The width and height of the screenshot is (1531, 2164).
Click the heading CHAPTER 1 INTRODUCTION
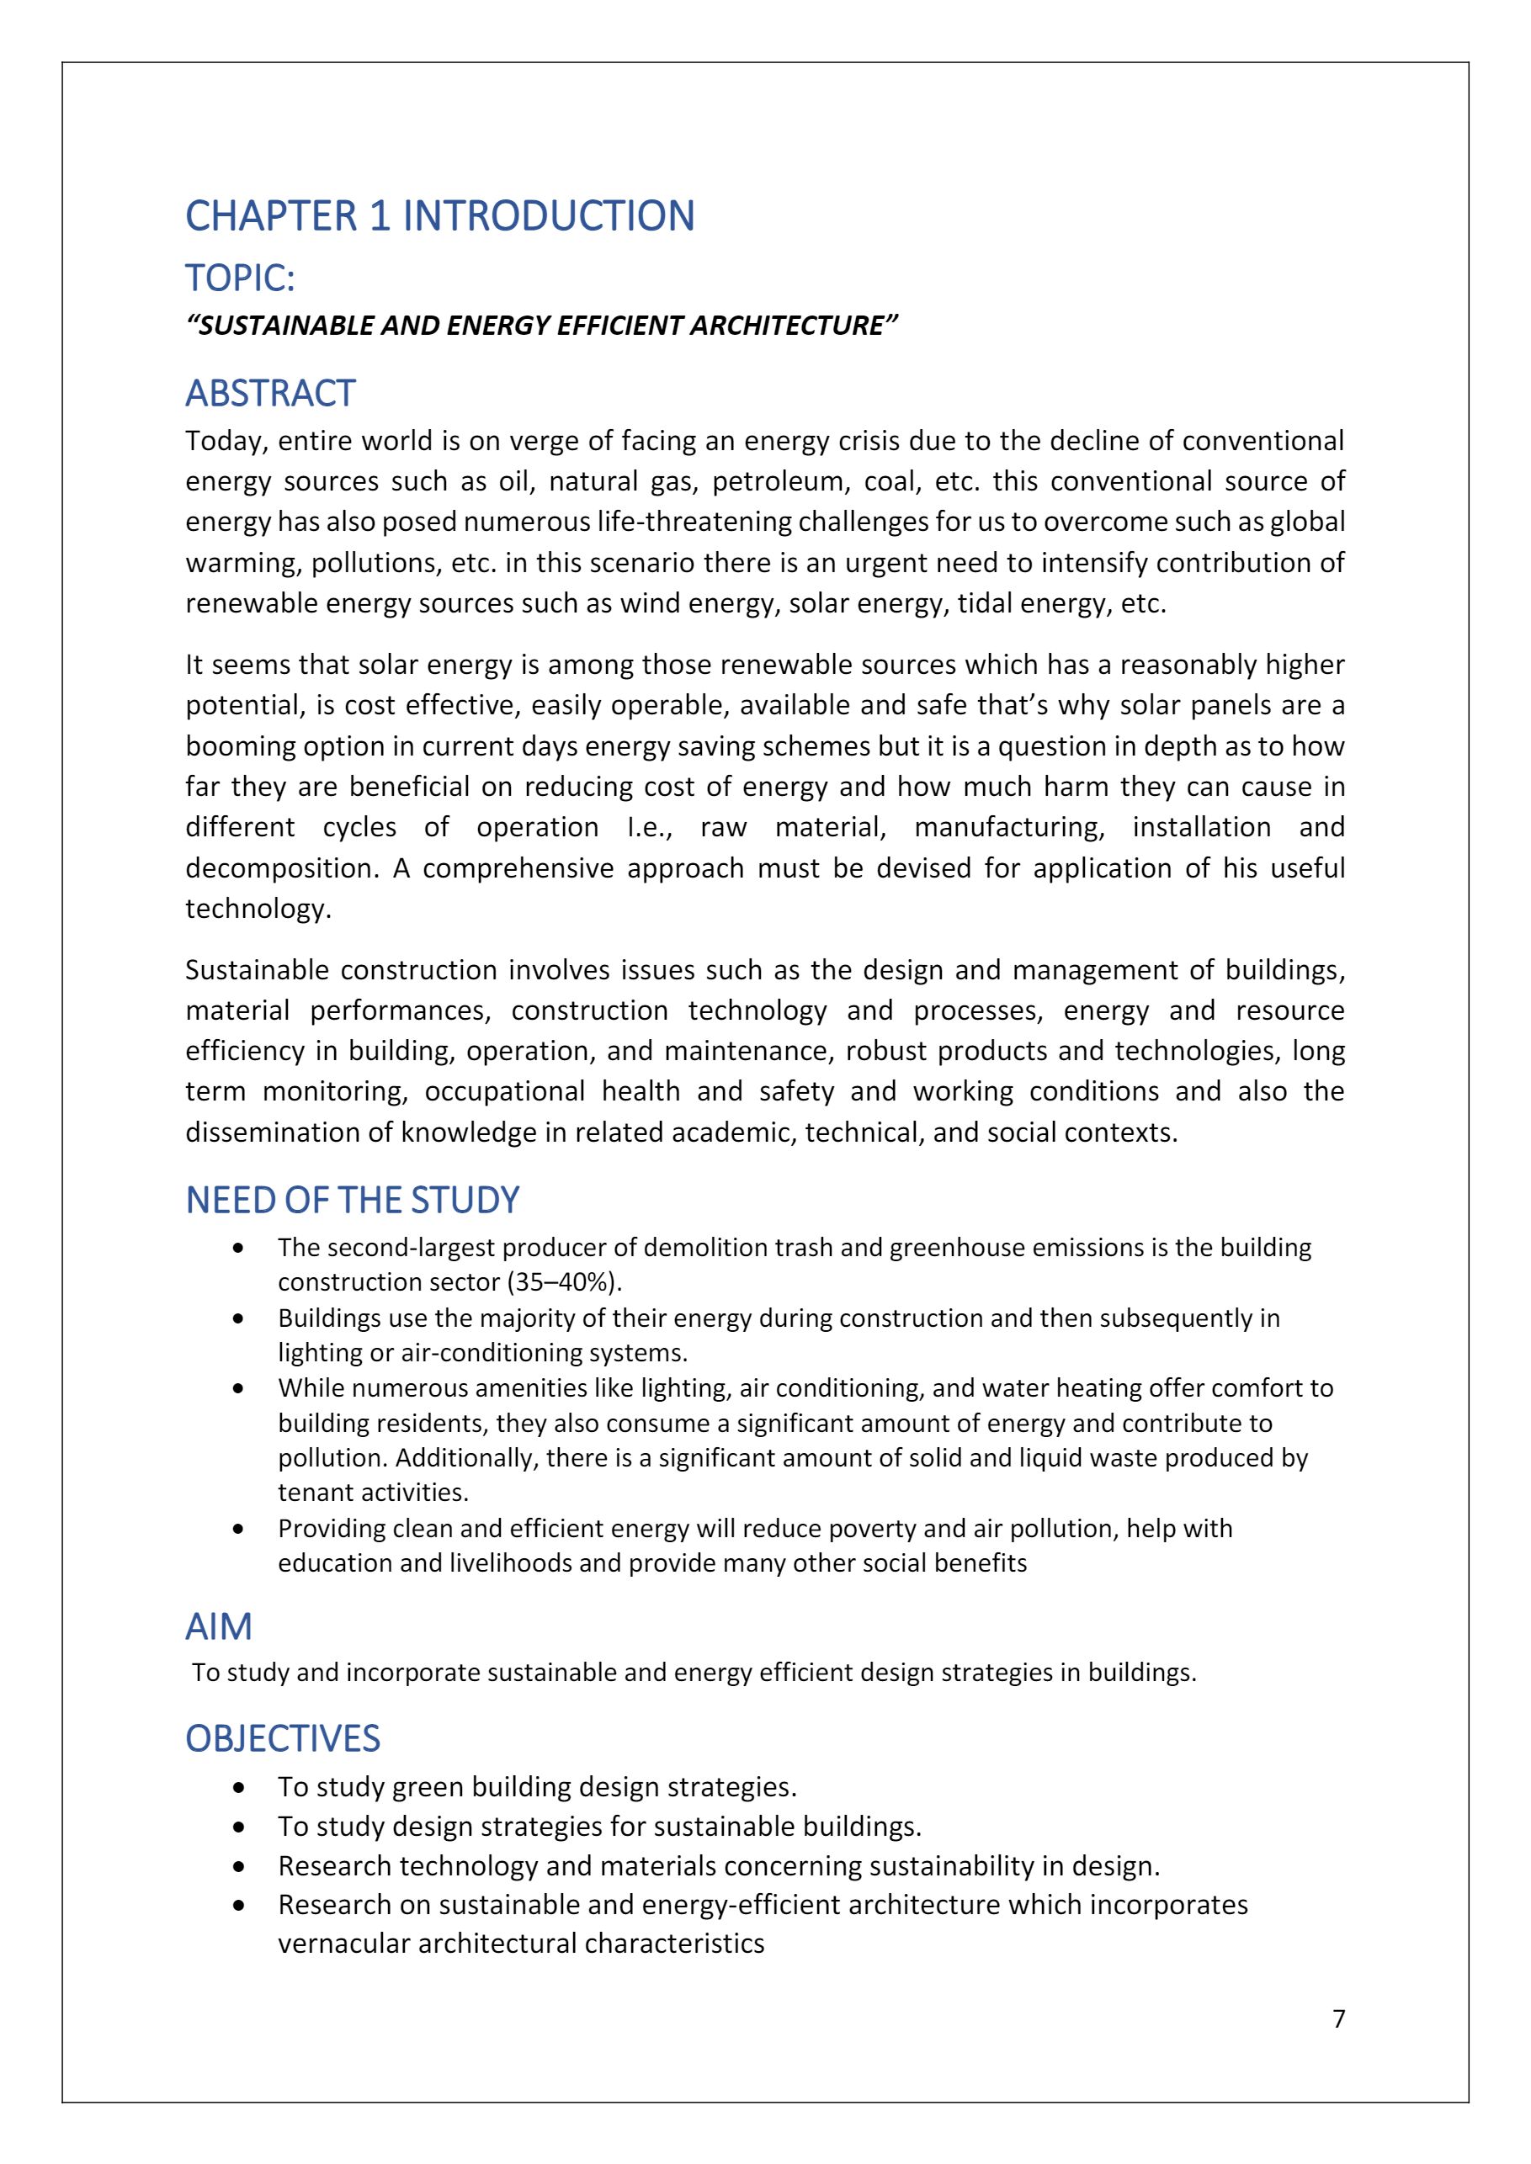439,216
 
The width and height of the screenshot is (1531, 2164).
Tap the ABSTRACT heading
269,393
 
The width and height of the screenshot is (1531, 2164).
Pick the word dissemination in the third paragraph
273,1132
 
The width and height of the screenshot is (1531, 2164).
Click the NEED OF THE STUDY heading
352,1200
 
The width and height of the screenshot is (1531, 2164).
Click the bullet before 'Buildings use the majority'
238,1318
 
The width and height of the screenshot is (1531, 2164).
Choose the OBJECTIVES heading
282,1738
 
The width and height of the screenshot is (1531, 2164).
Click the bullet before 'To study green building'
238,1787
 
